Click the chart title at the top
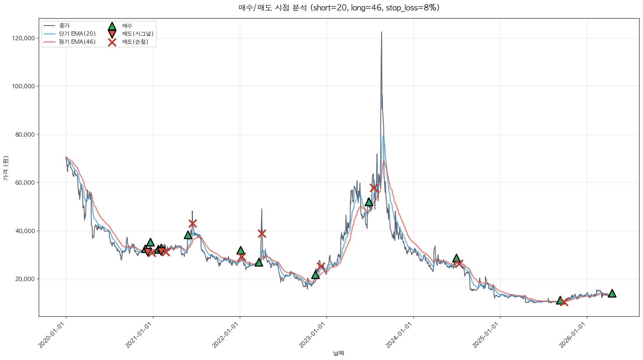(339, 8)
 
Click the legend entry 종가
(64, 26)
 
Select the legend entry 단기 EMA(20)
(77, 34)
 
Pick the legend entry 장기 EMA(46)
(77, 42)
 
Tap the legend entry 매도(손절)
(135, 42)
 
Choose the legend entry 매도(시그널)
(138, 34)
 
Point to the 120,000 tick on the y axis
(24, 38)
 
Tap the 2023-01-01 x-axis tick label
(313, 335)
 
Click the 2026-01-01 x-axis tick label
(574, 335)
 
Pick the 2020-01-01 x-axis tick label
(53, 335)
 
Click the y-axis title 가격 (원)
(6, 168)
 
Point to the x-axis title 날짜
(339, 353)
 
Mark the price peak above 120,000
(382, 32)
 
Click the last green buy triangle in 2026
(612, 293)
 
